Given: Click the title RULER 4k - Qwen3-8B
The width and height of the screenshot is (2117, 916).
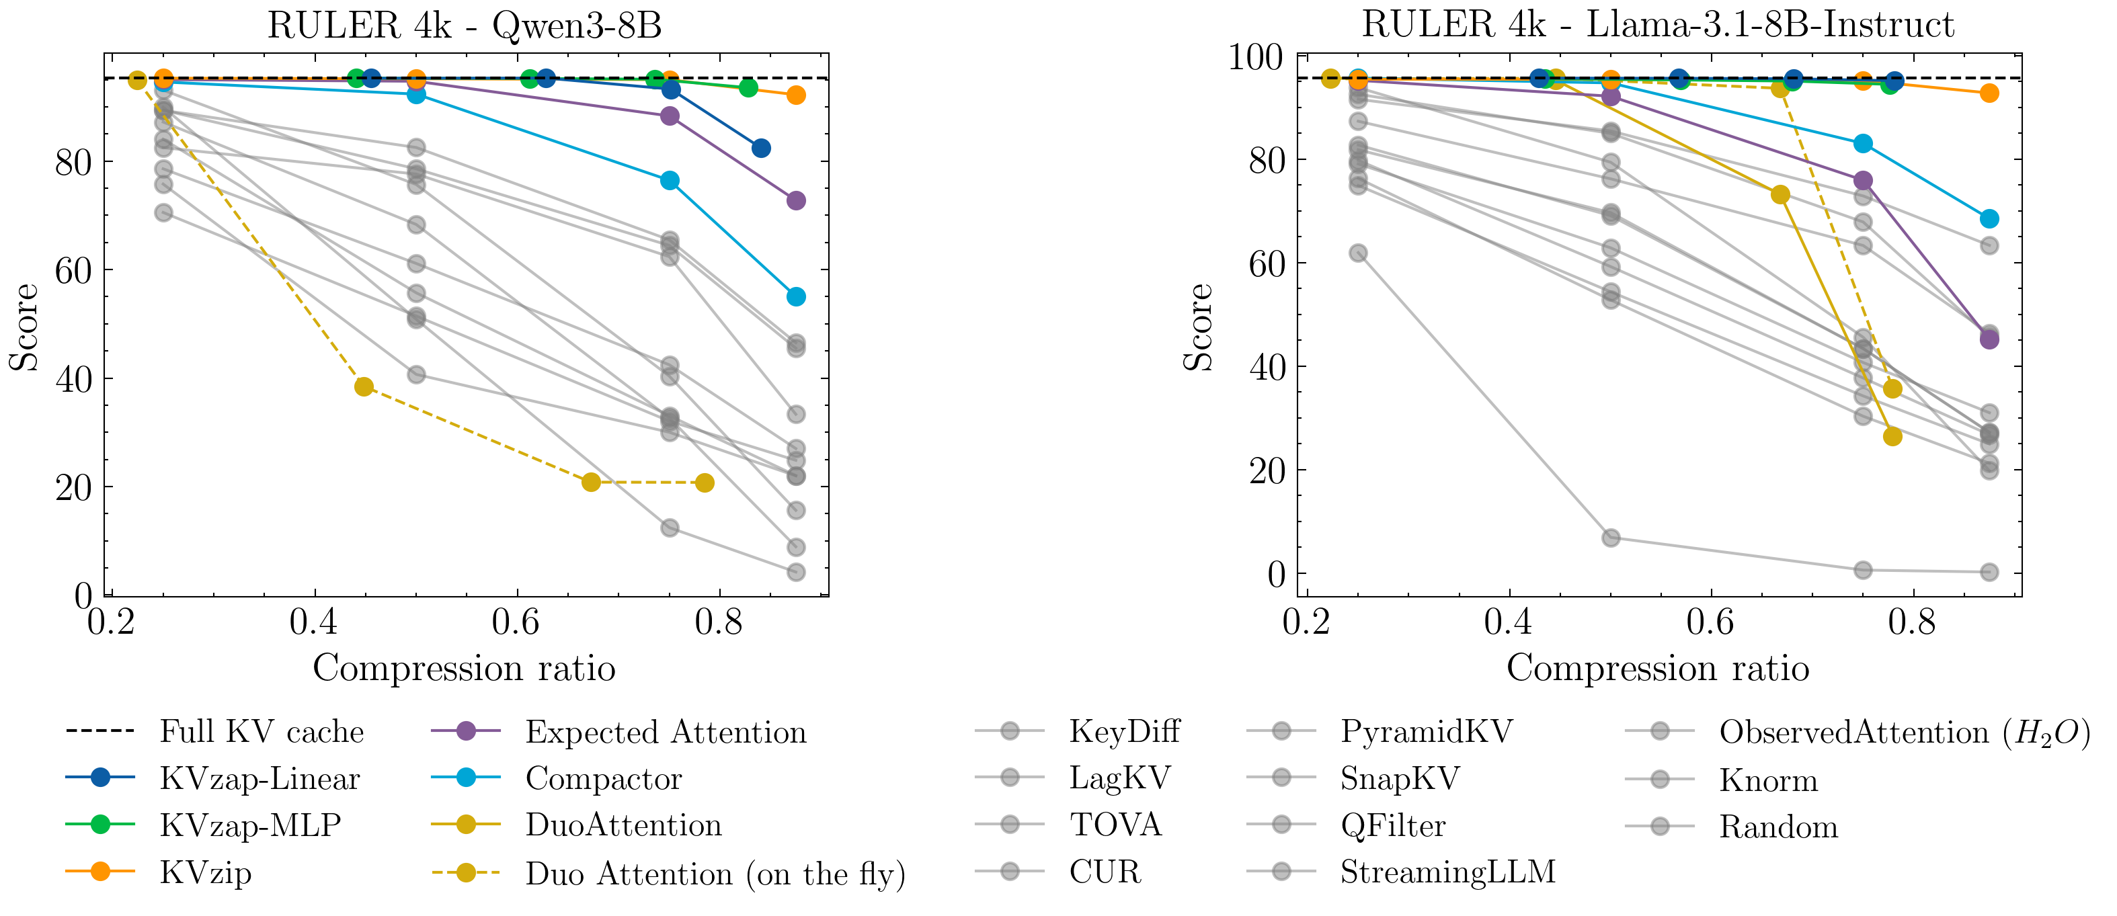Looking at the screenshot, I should (465, 26).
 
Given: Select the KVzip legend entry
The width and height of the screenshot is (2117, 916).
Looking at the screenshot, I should (206, 872).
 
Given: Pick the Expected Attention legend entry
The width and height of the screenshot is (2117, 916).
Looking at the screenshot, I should (666, 731).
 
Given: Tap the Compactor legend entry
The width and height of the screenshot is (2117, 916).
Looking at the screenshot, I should (603, 778).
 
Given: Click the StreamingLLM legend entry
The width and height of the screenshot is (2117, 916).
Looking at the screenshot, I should (1447, 872).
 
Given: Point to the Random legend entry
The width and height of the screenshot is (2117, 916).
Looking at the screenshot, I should (1778, 827).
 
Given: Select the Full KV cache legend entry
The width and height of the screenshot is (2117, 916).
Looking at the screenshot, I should (262, 731).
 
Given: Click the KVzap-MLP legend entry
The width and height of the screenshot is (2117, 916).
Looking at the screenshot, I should (250, 825).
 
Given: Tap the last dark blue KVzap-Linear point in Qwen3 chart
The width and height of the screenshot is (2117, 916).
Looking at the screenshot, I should (761, 149).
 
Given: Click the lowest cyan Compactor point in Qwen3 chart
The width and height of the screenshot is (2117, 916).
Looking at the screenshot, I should (795, 296).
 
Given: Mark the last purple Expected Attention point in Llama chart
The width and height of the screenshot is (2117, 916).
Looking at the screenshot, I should (1989, 339).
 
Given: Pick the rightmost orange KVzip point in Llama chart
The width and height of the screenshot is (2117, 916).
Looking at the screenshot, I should (1989, 93).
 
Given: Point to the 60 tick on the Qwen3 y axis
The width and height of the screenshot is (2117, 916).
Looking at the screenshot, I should (73, 270).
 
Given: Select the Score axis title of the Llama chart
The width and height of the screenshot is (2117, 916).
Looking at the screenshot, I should (1198, 327).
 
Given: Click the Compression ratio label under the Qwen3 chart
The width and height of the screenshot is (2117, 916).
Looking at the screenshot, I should (465, 668).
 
